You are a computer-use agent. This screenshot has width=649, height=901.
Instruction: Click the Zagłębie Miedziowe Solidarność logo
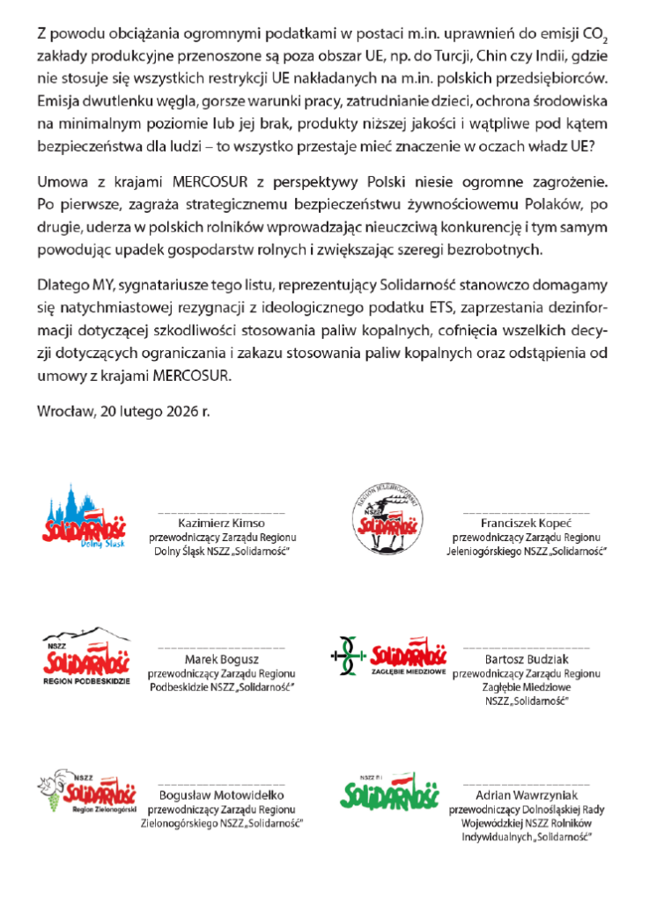coord(387,659)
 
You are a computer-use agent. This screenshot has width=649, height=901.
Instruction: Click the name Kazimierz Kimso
coord(222,523)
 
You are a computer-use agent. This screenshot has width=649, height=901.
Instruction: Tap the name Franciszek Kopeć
coord(526,523)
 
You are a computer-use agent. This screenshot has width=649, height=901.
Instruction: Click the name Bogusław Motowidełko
coord(222,795)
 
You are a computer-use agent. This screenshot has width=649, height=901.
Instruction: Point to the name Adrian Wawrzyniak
coord(526,795)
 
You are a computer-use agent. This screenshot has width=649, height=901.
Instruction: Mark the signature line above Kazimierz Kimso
coord(222,511)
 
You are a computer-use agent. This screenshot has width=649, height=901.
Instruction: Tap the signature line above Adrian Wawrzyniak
coord(526,782)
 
